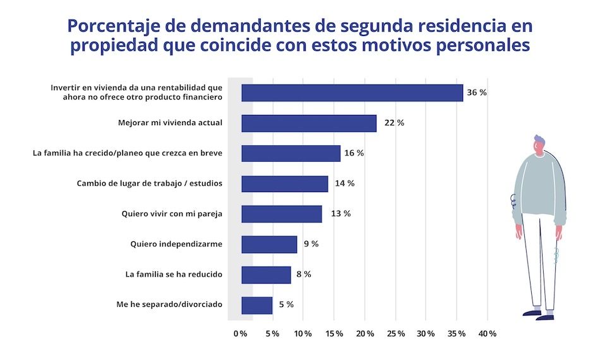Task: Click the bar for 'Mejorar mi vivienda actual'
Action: (309, 123)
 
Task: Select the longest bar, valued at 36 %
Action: (352, 93)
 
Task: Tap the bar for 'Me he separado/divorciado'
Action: (257, 305)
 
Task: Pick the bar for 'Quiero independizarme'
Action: (269, 244)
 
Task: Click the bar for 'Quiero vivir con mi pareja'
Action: (282, 214)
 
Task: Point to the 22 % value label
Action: (393, 123)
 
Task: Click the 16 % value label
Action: (354, 153)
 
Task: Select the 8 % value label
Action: (304, 275)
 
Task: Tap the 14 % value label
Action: (344, 184)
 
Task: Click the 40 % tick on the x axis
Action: (488, 334)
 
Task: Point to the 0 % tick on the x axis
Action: (240, 334)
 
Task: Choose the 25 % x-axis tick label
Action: (395, 334)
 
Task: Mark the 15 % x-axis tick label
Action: (333, 334)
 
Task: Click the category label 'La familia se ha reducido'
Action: (174, 275)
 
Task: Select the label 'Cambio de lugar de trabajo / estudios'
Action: (149, 184)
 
